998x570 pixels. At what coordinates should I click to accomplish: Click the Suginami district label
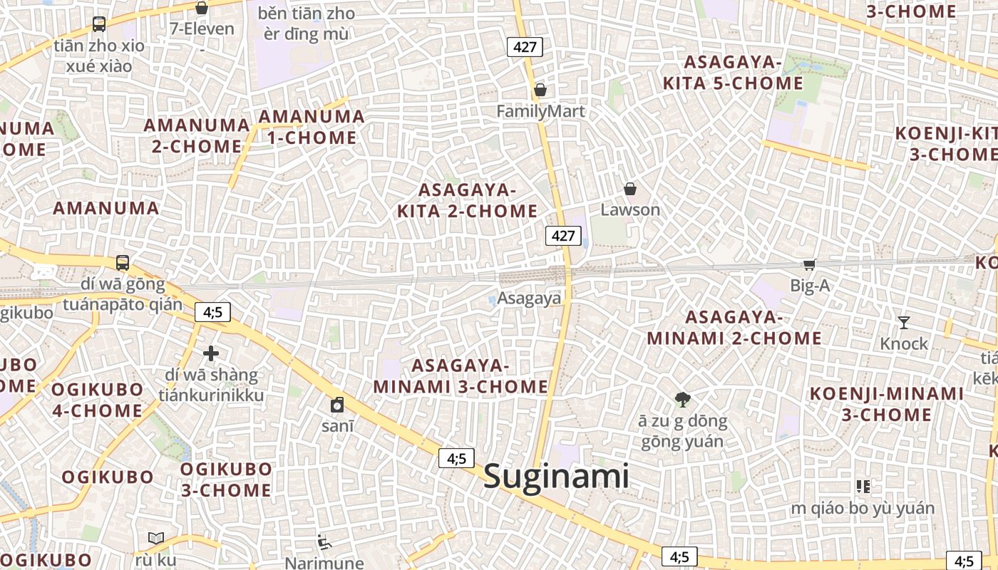click(556, 477)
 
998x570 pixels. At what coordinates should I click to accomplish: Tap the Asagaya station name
click(529, 299)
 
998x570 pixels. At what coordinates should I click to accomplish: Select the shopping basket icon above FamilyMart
click(540, 90)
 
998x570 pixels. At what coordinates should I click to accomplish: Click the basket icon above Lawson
click(630, 190)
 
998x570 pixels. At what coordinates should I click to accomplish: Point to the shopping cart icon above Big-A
click(809, 265)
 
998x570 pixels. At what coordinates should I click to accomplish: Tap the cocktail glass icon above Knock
click(904, 323)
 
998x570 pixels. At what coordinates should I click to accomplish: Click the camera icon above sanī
click(337, 405)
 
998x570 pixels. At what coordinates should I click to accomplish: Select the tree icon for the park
click(682, 400)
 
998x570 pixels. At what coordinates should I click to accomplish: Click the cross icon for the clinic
click(211, 353)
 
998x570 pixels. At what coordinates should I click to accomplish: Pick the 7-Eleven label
click(202, 29)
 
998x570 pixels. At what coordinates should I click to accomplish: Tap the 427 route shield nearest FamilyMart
click(525, 48)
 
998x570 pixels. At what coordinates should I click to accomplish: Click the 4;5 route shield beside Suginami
click(456, 459)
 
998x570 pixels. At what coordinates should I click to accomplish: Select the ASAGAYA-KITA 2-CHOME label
click(467, 201)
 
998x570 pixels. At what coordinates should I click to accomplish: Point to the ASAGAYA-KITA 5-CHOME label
click(733, 73)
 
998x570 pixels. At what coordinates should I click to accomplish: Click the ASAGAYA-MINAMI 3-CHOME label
click(461, 376)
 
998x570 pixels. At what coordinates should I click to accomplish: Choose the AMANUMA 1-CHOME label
click(312, 127)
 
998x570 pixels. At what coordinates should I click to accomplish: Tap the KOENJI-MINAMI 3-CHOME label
click(887, 404)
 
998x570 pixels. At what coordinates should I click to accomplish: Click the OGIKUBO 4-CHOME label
click(97, 400)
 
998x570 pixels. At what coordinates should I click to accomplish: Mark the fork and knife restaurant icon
click(863, 487)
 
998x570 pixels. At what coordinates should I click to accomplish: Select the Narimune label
click(319, 563)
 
